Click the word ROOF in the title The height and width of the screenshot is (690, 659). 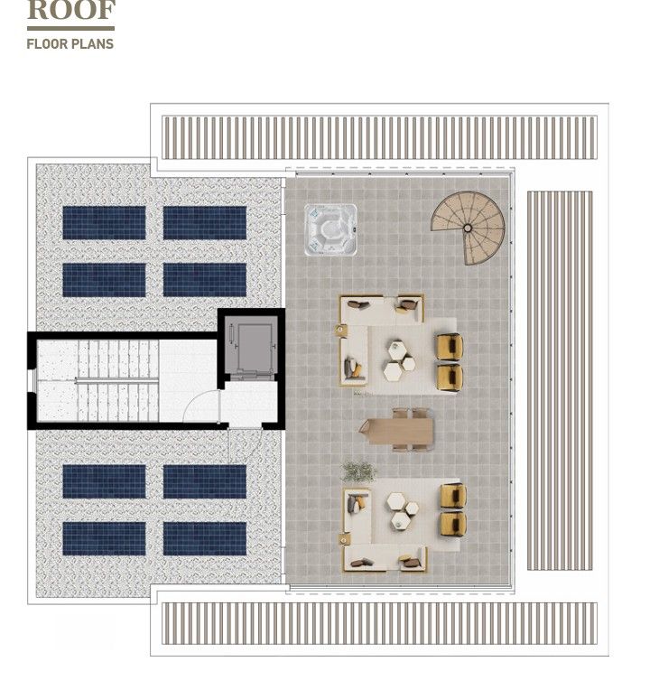(71, 12)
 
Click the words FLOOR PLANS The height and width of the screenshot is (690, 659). (70, 42)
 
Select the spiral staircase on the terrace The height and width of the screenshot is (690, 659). (470, 226)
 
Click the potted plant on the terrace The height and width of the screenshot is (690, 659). (358, 471)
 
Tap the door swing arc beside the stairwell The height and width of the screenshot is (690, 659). (201, 406)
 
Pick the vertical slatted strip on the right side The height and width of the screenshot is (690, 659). (559, 379)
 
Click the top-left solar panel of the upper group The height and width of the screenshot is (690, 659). (104, 223)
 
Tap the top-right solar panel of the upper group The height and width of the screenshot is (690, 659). (205, 223)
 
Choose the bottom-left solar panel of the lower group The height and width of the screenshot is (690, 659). (104, 538)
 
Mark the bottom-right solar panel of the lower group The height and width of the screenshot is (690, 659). (205, 538)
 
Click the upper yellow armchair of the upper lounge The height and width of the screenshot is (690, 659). (449, 347)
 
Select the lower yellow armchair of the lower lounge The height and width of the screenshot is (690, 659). (452, 523)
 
